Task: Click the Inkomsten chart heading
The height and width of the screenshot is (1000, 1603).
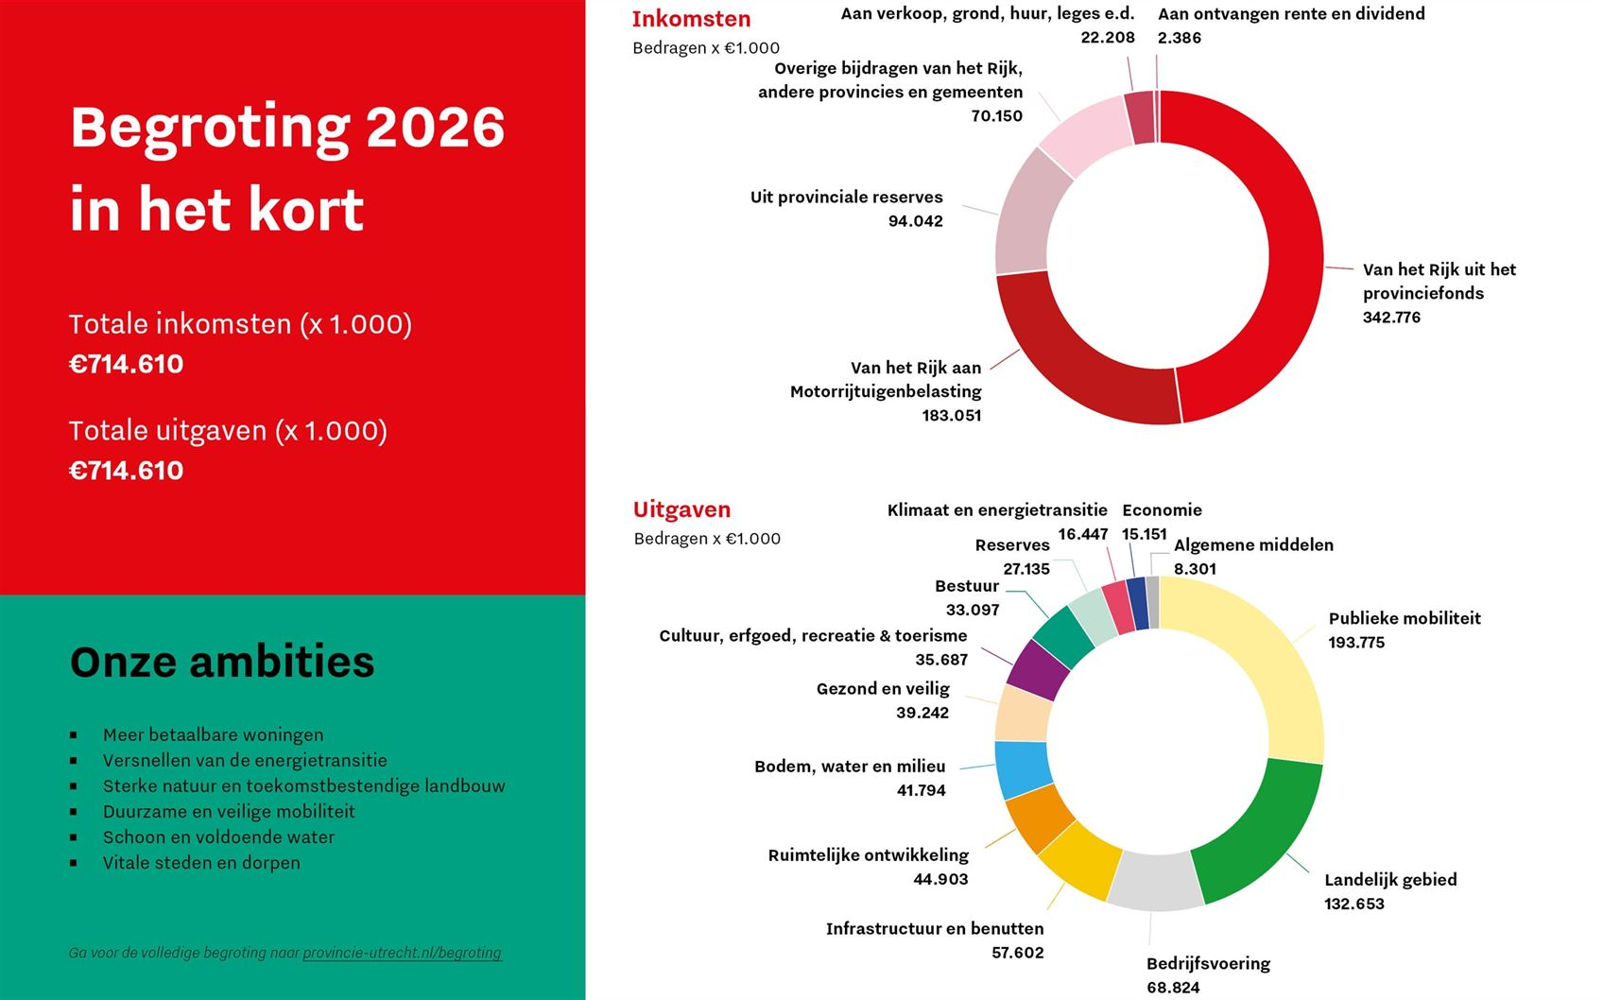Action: [691, 19]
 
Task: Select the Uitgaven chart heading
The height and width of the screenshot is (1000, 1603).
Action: [681, 509]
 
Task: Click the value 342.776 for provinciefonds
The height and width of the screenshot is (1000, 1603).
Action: [1391, 318]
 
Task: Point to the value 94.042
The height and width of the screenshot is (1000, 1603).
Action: [915, 221]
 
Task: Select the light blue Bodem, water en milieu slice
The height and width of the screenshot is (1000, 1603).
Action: [1023, 768]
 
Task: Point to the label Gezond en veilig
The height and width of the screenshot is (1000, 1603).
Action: [883, 689]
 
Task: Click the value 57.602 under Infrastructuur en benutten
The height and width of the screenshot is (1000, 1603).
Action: [1017, 953]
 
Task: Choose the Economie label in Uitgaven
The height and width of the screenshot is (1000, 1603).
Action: [1162, 510]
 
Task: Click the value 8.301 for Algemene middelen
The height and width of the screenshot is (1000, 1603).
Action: [1195, 569]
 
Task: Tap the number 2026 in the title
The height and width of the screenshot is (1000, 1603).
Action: [435, 128]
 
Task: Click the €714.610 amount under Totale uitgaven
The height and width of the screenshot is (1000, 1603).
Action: [127, 471]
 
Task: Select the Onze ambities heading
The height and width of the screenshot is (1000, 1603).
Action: [222, 662]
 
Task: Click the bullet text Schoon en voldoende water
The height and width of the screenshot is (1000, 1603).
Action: [218, 837]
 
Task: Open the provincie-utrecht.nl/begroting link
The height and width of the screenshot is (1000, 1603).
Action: [402, 953]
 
